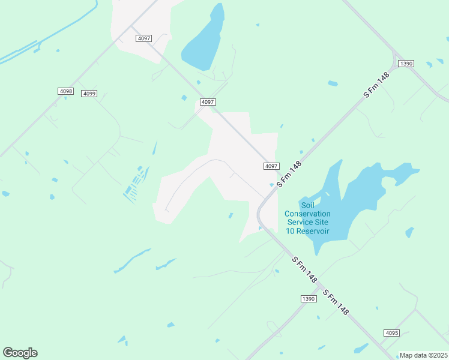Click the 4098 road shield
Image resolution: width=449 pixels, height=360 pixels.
(65, 91)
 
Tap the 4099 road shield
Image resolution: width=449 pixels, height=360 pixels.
(89, 94)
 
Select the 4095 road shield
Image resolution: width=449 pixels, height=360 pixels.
(391, 333)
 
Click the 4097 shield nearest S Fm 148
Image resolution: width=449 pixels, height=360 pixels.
(271, 166)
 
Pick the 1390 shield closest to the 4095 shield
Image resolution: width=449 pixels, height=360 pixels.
(308, 298)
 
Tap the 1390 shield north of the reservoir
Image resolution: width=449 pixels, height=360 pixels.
(406, 64)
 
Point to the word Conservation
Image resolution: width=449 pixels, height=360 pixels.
(307, 214)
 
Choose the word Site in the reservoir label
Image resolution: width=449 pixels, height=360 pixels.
(324, 223)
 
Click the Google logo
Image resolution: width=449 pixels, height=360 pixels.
(20, 352)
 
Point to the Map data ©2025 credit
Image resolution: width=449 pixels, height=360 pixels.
(423, 355)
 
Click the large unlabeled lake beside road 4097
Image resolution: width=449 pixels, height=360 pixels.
(204, 42)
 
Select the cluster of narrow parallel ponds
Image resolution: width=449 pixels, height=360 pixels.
(136, 183)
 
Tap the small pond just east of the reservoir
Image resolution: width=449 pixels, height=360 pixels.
(409, 232)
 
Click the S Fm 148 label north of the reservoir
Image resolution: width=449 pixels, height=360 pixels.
(377, 86)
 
